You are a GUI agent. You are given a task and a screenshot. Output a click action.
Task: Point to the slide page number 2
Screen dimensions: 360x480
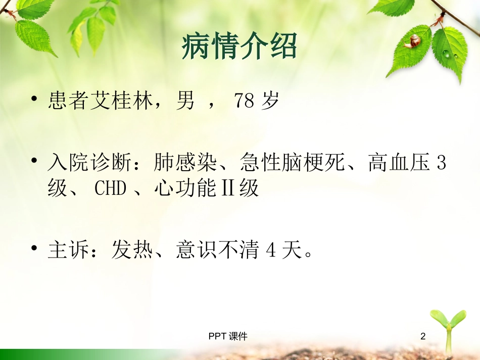[423, 336]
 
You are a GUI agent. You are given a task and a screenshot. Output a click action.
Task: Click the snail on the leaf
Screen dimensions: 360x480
[414, 41]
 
